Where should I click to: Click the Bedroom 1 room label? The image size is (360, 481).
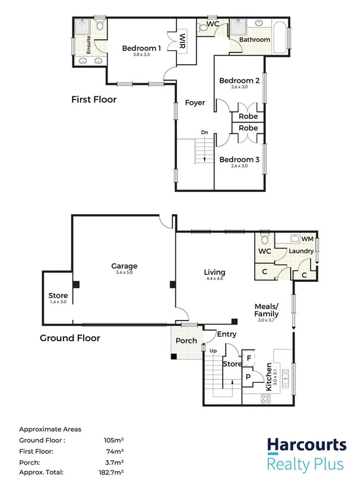tap(141, 48)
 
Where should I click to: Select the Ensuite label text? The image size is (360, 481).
tap(88, 45)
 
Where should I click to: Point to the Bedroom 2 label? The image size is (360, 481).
tap(239, 81)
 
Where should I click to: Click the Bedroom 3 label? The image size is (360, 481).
tap(239, 159)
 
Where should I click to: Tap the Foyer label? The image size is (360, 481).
tap(195, 103)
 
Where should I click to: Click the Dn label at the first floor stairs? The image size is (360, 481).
tap(204, 132)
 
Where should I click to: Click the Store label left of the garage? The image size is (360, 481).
tap(58, 295)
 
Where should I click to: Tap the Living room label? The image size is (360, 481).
tap(215, 272)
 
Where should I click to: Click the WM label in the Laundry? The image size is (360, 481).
tap(308, 239)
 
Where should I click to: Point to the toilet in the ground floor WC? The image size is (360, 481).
tap(265, 240)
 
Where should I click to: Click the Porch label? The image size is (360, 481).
tap(186, 341)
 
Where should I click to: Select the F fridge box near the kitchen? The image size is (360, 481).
tap(248, 359)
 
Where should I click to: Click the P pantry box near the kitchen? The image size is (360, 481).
tap(248, 376)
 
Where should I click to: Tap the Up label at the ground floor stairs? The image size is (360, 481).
tap(213, 351)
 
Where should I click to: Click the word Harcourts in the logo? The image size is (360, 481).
tap(306, 445)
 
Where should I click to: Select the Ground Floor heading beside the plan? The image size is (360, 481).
tap(70, 338)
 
